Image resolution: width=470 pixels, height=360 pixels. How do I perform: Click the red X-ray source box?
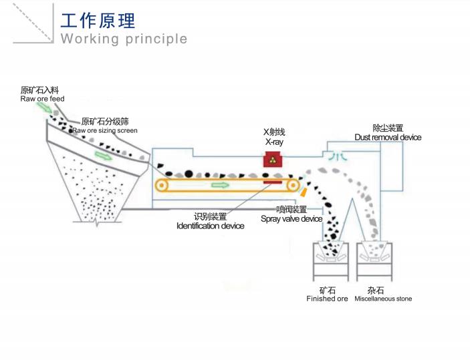point(272,159)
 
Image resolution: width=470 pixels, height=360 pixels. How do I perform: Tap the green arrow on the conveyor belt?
point(219,185)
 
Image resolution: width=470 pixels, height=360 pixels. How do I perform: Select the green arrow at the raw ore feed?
point(43,106)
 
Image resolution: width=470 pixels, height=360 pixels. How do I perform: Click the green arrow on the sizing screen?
point(103,156)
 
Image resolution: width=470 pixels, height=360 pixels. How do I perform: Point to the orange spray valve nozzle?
point(303,192)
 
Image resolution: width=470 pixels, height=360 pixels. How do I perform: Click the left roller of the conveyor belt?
point(162,185)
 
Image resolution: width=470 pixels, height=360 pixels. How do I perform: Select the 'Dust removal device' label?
point(388,137)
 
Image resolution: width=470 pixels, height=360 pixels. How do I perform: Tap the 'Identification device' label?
point(210,226)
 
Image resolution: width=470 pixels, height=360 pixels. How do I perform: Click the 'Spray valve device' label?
point(291,219)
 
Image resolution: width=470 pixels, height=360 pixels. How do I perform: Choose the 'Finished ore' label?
point(327,299)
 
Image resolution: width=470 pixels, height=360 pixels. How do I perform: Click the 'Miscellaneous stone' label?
point(384,299)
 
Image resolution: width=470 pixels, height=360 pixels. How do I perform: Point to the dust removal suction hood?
point(337,156)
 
